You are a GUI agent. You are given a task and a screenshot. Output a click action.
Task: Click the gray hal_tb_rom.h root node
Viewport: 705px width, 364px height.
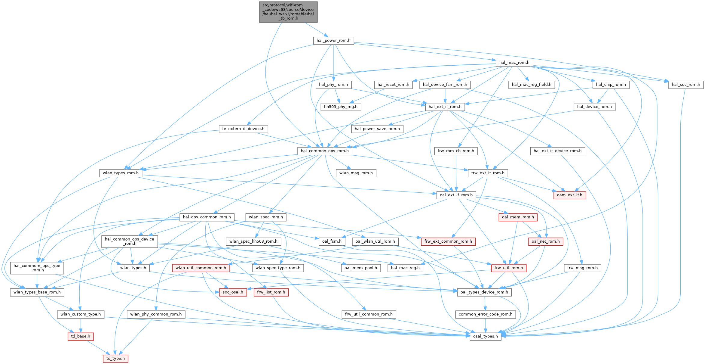(x=288, y=12)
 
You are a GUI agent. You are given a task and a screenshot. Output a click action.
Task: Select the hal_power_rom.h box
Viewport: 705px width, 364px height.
(x=333, y=40)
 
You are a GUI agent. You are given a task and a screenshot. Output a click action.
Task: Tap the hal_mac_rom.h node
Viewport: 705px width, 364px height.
(x=514, y=63)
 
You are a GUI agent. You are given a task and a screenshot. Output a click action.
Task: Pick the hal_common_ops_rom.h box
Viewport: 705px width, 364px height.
(x=325, y=151)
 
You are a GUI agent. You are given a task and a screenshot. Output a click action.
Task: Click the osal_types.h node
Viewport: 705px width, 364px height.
(x=486, y=336)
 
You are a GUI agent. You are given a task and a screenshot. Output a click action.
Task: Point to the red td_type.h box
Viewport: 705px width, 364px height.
(x=115, y=358)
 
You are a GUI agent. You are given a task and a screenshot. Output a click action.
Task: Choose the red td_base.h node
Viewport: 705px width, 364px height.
(x=81, y=336)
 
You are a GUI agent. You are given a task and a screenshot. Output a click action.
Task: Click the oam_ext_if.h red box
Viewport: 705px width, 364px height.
(x=569, y=195)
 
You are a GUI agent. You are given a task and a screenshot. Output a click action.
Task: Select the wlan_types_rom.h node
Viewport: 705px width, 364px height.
(x=121, y=173)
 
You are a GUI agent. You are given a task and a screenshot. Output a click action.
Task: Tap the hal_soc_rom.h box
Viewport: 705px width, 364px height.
(x=686, y=85)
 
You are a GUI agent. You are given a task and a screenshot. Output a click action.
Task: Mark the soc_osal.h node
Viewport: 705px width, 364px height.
(x=233, y=292)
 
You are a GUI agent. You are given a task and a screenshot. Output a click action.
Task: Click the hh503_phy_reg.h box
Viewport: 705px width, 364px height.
(x=341, y=107)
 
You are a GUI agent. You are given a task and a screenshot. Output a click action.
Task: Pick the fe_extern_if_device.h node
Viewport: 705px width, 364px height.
(x=243, y=129)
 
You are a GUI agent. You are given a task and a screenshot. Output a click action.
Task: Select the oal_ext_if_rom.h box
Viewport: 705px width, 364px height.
(x=456, y=195)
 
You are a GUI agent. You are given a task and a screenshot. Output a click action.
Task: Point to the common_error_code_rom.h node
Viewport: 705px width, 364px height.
(x=486, y=314)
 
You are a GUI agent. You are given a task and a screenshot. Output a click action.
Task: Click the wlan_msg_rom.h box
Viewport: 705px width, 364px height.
(x=356, y=173)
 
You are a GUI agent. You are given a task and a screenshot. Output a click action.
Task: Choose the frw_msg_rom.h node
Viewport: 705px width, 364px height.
(x=583, y=268)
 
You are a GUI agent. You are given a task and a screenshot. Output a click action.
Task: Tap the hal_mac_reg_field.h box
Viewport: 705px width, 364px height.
(x=532, y=85)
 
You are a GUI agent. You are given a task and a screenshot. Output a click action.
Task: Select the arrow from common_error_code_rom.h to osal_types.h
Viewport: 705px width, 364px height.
(x=486, y=325)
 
